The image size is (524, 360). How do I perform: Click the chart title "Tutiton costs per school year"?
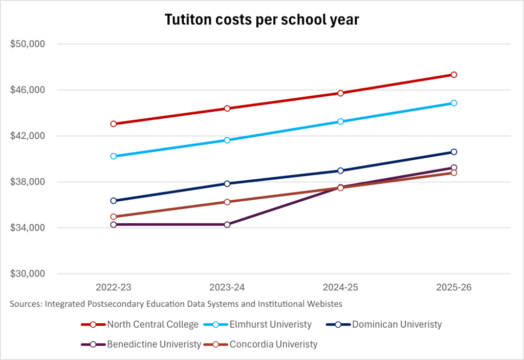[x=262, y=20]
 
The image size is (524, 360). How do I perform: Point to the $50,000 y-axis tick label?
[x=28, y=44]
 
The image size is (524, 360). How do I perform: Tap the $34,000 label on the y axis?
[x=28, y=228]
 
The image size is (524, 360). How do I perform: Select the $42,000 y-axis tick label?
[x=28, y=136]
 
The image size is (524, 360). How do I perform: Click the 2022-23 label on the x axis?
[x=114, y=287]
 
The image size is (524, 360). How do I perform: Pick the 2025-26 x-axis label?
[x=454, y=287]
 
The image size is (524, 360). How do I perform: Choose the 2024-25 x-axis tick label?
[x=340, y=287]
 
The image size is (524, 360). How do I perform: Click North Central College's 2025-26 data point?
[x=454, y=75]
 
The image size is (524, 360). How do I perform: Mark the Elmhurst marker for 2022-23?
[x=114, y=156]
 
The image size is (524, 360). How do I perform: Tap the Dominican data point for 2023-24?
[x=227, y=184]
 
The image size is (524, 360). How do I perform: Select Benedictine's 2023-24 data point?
[x=227, y=225]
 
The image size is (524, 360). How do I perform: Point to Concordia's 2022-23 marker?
[x=114, y=217]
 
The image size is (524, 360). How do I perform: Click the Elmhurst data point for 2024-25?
[x=340, y=121]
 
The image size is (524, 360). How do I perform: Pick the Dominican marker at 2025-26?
[x=454, y=152]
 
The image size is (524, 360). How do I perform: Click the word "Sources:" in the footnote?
[x=26, y=304]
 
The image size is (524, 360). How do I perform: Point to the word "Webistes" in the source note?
[x=325, y=304]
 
